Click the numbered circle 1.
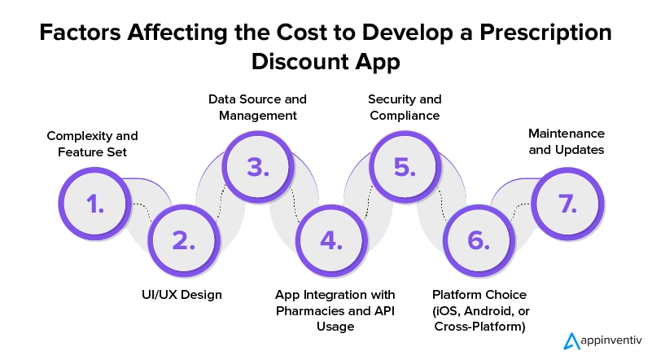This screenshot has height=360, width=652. [94, 204]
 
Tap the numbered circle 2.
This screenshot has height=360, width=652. [184, 240]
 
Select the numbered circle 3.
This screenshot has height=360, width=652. [258, 167]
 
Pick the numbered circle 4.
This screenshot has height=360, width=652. [331, 240]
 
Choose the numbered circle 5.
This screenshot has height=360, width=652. [405, 167]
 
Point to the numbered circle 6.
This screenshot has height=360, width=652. [479, 240]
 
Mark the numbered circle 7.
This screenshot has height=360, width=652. [567, 204]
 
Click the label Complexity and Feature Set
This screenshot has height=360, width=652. [92, 144]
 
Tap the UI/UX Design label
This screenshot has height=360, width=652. [182, 295]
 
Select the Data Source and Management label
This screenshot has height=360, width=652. [257, 108]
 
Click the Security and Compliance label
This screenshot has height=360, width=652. [405, 108]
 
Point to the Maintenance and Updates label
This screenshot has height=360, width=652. [567, 142]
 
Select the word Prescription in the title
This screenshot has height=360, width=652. [545, 33]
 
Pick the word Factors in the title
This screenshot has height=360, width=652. [81, 33]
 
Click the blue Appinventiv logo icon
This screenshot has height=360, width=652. [571, 340]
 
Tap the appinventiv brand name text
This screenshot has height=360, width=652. [610, 340]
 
